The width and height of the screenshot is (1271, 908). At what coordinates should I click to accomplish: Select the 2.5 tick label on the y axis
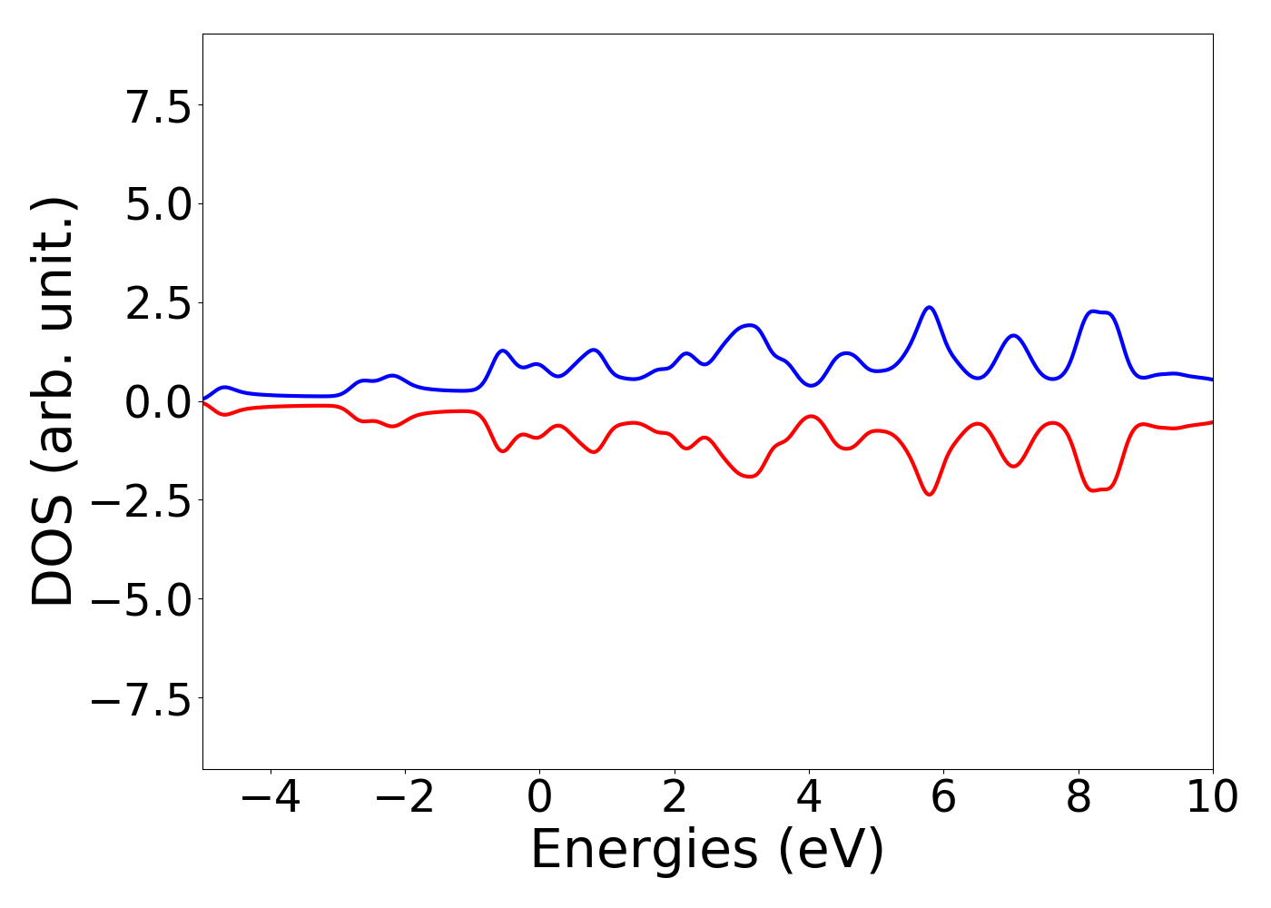158,303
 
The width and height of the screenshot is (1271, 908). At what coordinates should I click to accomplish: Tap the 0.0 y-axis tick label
158,401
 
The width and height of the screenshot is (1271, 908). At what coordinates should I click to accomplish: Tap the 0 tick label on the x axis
539,798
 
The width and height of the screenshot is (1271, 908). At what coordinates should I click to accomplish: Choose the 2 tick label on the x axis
674,798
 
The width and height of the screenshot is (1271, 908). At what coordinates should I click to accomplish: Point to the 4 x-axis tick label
809,798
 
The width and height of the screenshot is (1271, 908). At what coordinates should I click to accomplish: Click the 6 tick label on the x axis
943,798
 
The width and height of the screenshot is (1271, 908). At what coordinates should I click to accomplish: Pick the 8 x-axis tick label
1079,798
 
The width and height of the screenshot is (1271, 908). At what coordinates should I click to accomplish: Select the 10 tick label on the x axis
1212,798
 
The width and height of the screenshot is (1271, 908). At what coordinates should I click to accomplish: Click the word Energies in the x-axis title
643,852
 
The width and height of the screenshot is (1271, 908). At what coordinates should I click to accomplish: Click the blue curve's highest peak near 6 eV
929,307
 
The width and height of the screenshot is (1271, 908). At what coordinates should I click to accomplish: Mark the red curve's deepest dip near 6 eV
929,495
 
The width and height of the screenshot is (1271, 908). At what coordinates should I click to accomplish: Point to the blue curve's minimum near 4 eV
811,385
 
